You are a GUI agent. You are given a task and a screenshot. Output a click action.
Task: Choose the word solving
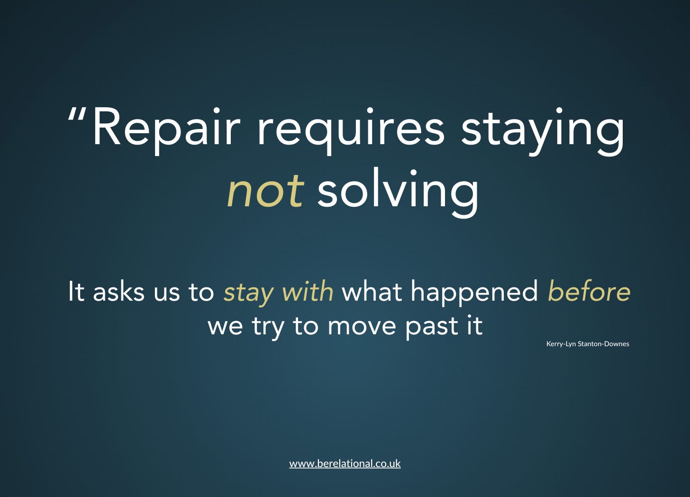tap(398, 193)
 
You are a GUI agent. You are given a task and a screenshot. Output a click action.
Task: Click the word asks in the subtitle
tap(118, 291)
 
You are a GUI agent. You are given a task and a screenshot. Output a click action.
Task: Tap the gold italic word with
tap(308, 291)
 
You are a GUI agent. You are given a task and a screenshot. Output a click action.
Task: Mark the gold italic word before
tap(589, 291)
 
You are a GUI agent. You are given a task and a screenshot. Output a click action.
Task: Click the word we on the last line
tap(225, 328)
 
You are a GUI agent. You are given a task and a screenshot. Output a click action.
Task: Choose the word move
tap(362, 328)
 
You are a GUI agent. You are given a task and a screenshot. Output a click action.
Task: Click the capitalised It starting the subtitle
tap(76, 291)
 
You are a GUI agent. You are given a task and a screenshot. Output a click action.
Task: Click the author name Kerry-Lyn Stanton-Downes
tap(588, 344)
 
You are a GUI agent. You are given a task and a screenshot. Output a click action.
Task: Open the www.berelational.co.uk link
tap(345, 463)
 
